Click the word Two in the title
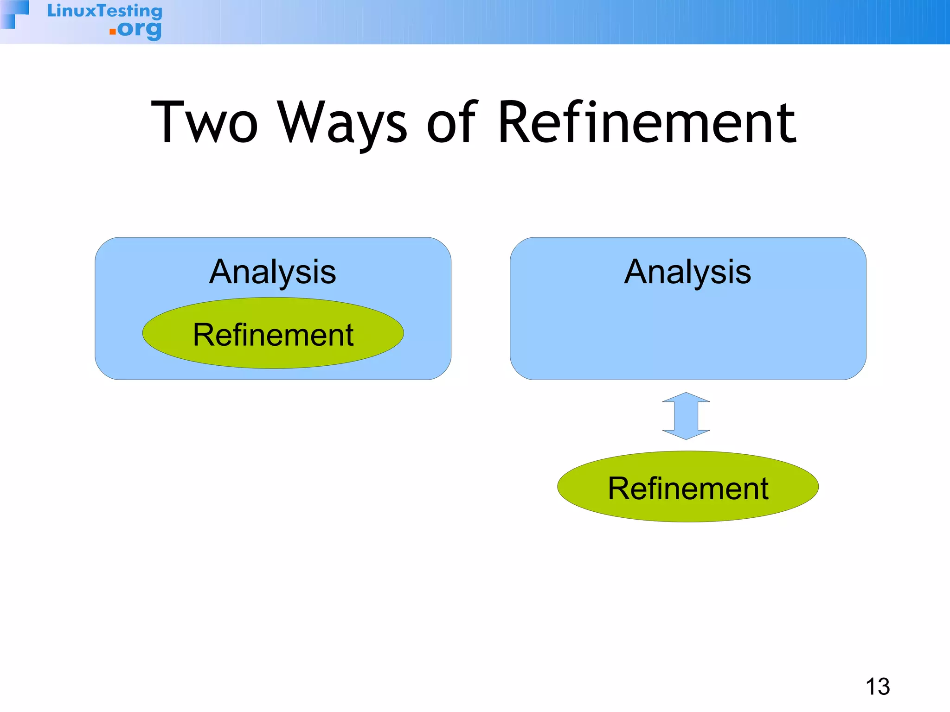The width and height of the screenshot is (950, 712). click(x=204, y=123)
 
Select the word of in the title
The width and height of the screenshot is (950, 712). click(x=451, y=123)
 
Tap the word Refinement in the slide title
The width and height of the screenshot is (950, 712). click(x=647, y=123)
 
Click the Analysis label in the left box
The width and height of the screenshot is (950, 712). click(x=273, y=272)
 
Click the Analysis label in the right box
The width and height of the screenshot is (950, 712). click(x=687, y=272)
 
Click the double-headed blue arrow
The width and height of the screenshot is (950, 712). click(x=686, y=416)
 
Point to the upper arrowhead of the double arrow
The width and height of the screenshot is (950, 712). click(x=686, y=398)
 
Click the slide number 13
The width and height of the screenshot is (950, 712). click(x=878, y=687)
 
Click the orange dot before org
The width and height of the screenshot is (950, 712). click(x=112, y=32)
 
